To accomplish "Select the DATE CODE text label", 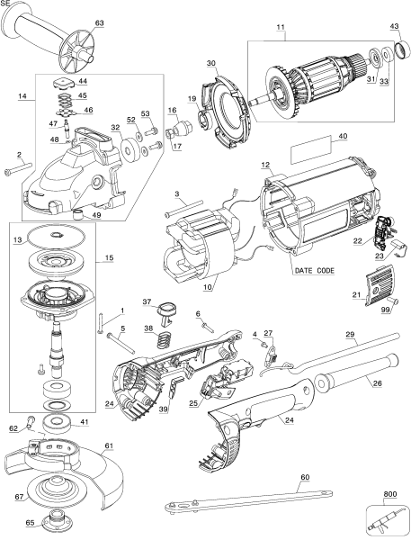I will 315,270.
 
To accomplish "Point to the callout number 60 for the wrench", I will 304,477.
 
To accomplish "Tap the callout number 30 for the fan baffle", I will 211,64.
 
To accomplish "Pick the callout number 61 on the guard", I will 109,445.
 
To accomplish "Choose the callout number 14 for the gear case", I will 23,94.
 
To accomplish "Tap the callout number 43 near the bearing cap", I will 394,26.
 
